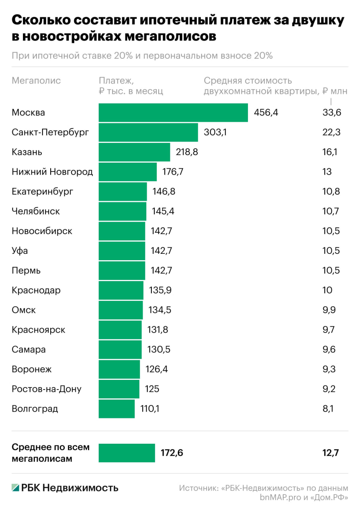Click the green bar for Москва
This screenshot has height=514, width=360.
click(x=173, y=112)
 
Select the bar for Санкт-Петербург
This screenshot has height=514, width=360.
click(x=148, y=132)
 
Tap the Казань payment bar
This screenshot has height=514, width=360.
click(x=135, y=152)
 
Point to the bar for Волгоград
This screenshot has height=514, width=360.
click(x=117, y=409)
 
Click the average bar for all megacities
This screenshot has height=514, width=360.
click(x=127, y=453)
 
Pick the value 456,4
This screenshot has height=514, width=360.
click(x=266, y=112)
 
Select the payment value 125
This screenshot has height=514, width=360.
click(x=152, y=389)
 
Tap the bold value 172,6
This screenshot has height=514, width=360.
click(x=172, y=453)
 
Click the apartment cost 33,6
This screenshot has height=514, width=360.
click(x=331, y=112)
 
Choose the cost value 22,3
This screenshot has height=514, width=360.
click(x=331, y=132)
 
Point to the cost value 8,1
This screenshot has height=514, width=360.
click(x=328, y=409)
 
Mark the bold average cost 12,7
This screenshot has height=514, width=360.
click(x=331, y=453)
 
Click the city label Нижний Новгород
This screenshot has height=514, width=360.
click(x=52, y=172)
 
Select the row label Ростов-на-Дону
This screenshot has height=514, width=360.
click(x=47, y=389)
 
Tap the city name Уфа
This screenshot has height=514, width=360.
click(x=20, y=251)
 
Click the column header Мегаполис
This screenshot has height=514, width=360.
click(x=36, y=81)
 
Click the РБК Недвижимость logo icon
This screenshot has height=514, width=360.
click(x=16, y=487)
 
